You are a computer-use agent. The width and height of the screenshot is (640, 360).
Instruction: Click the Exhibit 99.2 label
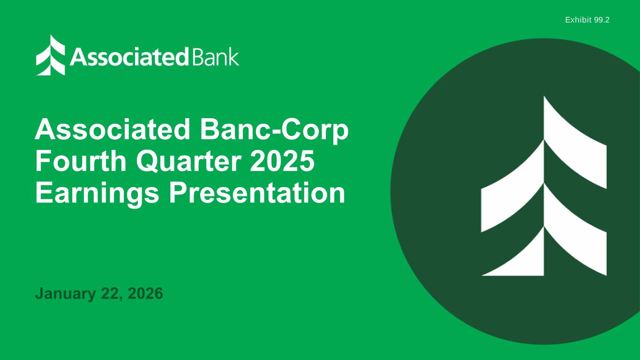click(x=587, y=20)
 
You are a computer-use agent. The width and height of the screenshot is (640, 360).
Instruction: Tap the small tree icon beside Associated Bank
click(x=51, y=55)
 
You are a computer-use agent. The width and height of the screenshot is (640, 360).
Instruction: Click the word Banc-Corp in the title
click(x=274, y=130)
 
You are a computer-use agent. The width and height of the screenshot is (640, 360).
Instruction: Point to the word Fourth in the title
click(x=81, y=161)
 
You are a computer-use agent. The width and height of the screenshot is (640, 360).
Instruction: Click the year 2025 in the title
click(x=282, y=161)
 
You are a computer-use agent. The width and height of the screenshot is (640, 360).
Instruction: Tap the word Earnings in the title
click(x=97, y=194)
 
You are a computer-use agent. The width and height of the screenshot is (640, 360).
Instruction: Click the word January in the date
click(x=66, y=294)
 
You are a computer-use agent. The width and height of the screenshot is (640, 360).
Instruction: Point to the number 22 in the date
click(x=109, y=293)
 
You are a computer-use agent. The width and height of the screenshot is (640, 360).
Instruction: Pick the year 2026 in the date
click(x=145, y=293)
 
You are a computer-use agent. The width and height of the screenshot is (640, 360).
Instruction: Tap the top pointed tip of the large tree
click(x=544, y=96)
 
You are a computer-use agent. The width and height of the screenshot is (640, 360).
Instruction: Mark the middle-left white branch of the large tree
click(x=512, y=186)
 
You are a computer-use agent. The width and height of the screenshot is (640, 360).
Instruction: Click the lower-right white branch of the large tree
click(x=575, y=229)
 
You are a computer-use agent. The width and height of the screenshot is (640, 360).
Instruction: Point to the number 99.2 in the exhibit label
click(x=602, y=20)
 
